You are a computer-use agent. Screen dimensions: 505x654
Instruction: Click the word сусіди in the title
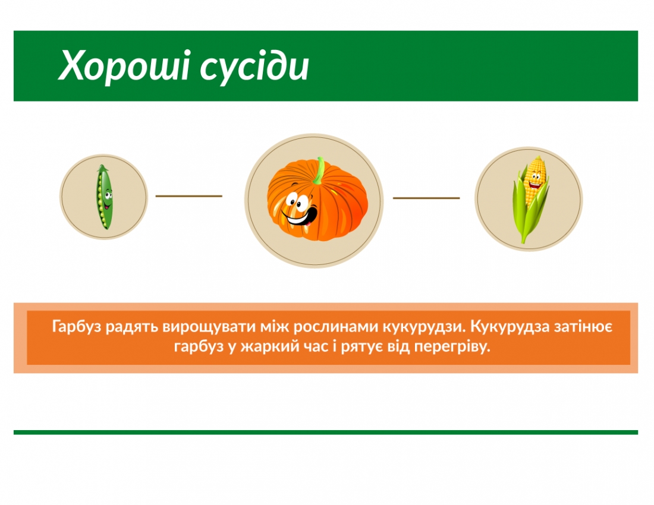254,67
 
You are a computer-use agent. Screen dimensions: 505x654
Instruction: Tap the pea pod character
104,197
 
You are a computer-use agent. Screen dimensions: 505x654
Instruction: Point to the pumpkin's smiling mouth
300,216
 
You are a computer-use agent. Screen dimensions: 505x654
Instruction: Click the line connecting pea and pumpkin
188,195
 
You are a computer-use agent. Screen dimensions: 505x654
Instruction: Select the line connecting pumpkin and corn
426,198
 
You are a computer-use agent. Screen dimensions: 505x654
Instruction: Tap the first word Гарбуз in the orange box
76,327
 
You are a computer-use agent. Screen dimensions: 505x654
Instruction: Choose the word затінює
586,327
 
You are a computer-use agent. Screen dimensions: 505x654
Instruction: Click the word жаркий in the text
266,347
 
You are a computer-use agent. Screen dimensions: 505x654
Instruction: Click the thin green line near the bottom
326,433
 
